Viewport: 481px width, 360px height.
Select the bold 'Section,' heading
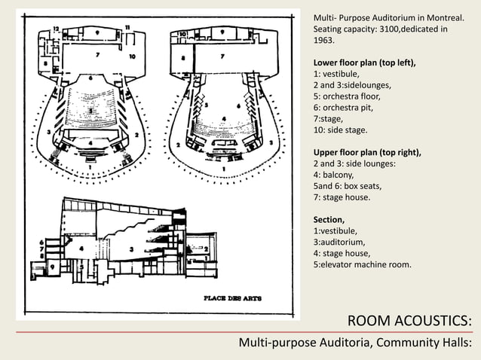[330, 219]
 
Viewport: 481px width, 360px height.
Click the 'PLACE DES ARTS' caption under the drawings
[233, 297]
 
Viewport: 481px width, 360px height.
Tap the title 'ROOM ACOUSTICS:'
[409, 322]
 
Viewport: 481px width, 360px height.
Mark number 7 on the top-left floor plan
[97, 55]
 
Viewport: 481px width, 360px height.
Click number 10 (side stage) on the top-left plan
[132, 56]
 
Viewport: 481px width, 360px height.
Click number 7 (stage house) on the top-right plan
[222, 56]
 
